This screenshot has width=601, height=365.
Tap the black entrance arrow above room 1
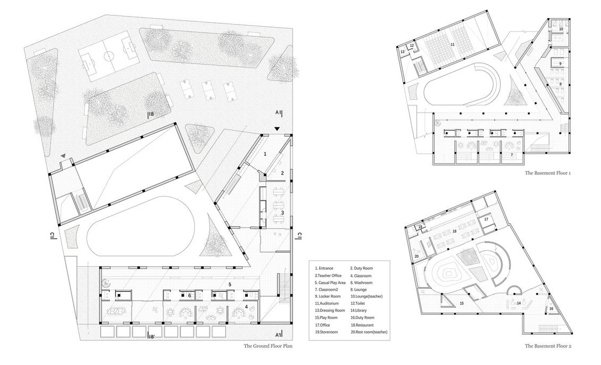pyautogui.click(x=276, y=130)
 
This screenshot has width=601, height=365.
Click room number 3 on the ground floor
pyautogui.click(x=283, y=213)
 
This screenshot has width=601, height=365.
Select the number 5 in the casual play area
pyautogui.click(x=230, y=284)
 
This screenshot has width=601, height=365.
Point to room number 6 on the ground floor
pyautogui.click(x=189, y=295)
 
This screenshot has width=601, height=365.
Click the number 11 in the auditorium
pyautogui.click(x=452, y=44)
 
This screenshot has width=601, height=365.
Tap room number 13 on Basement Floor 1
pyautogui.click(x=403, y=52)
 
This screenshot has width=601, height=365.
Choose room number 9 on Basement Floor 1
pyautogui.click(x=560, y=64)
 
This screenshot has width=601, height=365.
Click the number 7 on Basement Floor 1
pyautogui.click(x=511, y=155)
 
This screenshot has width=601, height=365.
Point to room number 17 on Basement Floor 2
pyautogui.click(x=486, y=219)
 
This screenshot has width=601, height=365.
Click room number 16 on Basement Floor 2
pyautogui.click(x=551, y=308)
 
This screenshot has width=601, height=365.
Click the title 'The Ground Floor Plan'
pyautogui.click(x=268, y=346)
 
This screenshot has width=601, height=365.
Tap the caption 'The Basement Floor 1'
pyautogui.click(x=548, y=173)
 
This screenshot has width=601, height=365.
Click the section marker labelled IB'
pyautogui.click(x=151, y=336)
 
